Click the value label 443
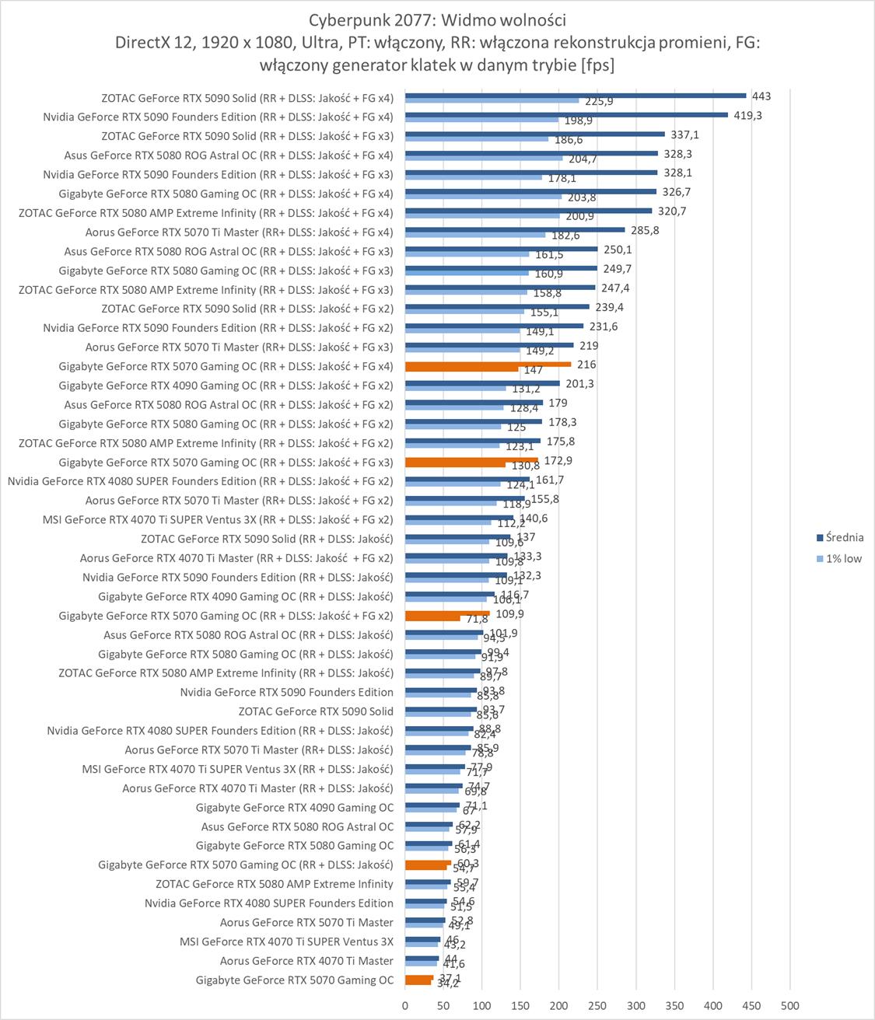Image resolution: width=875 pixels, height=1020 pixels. (761, 96)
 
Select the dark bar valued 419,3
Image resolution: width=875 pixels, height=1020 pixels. (566, 115)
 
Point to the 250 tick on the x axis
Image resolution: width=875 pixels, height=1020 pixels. (597, 1005)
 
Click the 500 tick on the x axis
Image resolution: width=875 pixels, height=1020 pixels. (789, 1005)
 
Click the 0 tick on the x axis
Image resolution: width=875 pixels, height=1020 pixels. (405, 1005)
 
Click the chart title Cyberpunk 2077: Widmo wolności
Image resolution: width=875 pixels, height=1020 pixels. (437, 19)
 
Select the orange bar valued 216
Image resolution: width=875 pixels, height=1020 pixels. (488, 364)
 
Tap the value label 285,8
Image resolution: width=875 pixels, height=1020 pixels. (645, 230)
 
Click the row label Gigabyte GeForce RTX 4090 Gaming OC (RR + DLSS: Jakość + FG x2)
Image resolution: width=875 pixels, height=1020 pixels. (226, 386)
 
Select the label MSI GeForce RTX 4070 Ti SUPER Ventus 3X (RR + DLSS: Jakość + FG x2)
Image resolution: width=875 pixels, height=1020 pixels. (218, 519)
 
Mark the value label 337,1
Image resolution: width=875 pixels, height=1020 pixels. (684, 134)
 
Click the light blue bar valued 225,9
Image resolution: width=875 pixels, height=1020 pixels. (492, 100)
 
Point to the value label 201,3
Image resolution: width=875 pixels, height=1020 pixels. (579, 383)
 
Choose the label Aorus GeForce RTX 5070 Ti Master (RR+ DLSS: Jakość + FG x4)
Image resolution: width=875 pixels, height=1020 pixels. (239, 232)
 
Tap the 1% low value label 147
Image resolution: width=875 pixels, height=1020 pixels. (533, 371)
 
